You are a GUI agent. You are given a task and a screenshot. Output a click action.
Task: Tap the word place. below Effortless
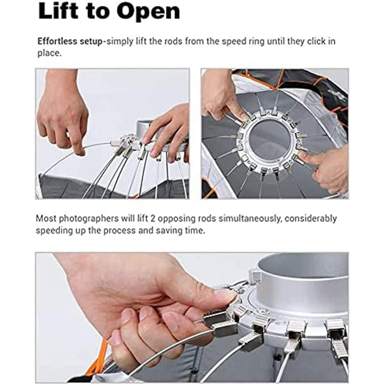[49, 53]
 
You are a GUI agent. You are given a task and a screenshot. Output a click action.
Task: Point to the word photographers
[89, 218]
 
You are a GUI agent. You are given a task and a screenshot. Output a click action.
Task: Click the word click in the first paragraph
[315, 41]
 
